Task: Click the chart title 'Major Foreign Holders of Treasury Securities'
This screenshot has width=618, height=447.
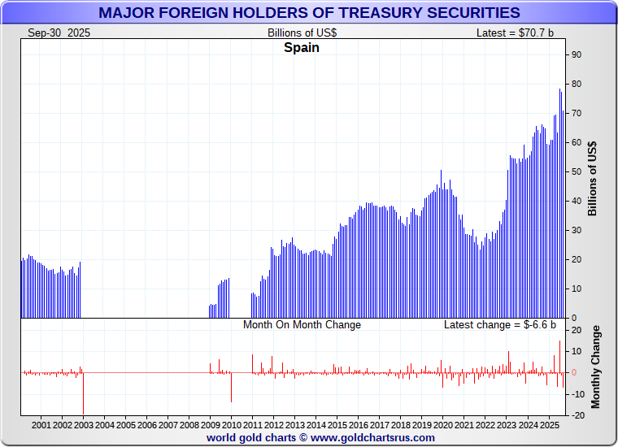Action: pos(309,13)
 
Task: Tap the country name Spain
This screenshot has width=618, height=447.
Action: pos(301,47)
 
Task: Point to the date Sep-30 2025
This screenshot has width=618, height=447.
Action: pos(59,33)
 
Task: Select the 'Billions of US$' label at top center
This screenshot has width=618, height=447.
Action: pos(302,33)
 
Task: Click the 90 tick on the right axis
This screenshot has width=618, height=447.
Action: pos(576,54)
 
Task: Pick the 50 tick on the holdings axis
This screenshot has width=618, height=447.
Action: pos(576,171)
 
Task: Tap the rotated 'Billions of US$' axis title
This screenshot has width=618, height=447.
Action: pos(592,178)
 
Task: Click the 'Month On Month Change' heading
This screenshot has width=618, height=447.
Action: pos(302,324)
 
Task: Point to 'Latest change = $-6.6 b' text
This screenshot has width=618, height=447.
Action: pos(500,324)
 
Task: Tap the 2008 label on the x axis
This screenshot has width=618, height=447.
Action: pos(189,424)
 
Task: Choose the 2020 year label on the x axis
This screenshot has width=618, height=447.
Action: pos(442,424)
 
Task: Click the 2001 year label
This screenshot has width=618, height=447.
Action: pos(41,424)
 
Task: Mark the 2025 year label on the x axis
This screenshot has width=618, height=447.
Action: pos(548,424)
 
